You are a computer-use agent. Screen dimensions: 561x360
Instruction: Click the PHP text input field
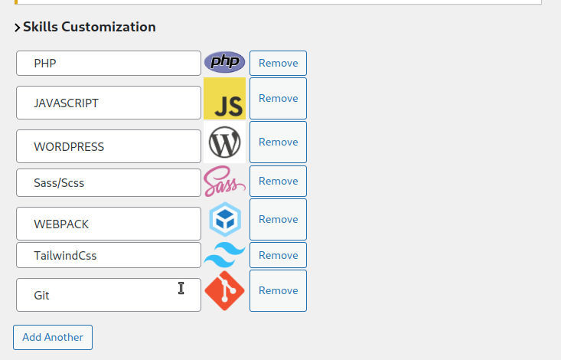tap(109, 64)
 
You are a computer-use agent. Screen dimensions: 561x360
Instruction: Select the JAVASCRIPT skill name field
tap(109, 103)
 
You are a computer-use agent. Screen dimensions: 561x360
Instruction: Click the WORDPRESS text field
tap(109, 146)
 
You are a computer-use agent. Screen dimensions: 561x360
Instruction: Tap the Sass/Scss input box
tap(109, 183)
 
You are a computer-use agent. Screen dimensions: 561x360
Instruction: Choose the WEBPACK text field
tap(109, 224)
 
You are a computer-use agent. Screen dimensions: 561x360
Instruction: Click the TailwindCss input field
tap(109, 255)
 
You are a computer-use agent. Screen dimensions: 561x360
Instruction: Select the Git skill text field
tap(109, 295)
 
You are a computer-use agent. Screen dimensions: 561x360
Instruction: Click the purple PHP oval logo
tap(225, 62)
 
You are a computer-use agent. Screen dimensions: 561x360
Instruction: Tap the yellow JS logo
tap(225, 99)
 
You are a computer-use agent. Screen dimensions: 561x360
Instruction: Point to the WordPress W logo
tap(225, 142)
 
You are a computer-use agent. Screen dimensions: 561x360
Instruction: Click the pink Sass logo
tap(225, 182)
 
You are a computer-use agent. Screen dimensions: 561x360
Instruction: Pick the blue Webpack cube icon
tap(225, 219)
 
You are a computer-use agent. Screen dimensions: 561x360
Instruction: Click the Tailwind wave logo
tap(225, 255)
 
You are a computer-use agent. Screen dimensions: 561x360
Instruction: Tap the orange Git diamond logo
tap(225, 291)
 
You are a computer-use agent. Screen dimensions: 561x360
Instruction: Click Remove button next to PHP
tap(278, 63)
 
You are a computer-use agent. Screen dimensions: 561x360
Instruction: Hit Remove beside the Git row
tap(278, 291)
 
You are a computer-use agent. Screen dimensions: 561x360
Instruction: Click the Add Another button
tap(53, 338)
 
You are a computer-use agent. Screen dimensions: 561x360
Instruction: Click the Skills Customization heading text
tap(90, 27)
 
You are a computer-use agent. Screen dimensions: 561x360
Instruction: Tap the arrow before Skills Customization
tap(17, 28)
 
